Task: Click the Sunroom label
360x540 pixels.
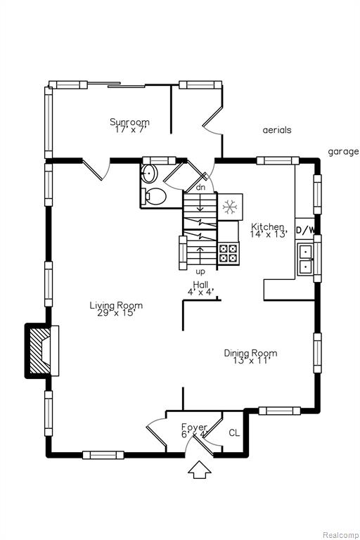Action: pyautogui.click(x=129, y=122)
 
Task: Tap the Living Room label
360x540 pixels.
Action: pyautogui.click(x=116, y=305)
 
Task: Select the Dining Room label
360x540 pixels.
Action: pyautogui.click(x=250, y=353)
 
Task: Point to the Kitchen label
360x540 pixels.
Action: pyautogui.click(x=268, y=227)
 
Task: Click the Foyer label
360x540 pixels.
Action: pyautogui.click(x=194, y=427)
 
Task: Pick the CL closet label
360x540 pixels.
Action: pyautogui.click(x=234, y=433)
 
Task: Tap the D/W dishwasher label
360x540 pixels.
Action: pyautogui.click(x=305, y=231)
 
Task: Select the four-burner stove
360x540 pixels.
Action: pyautogui.click(x=229, y=253)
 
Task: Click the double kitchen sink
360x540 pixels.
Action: pyautogui.click(x=305, y=259)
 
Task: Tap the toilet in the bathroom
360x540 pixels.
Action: pyautogui.click(x=155, y=196)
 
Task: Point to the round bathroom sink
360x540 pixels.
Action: pyautogui.click(x=150, y=173)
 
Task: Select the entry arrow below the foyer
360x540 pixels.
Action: pyautogui.click(x=200, y=470)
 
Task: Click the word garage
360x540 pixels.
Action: pyautogui.click(x=343, y=152)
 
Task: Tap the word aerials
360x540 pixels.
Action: pyautogui.click(x=277, y=130)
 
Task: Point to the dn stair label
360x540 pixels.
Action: pyautogui.click(x=200, y=187)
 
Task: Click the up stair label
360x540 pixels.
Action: pyautogui.click(x=200, y=271)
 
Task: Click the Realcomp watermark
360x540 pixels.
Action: pyautogui.click(x=340, y=535)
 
